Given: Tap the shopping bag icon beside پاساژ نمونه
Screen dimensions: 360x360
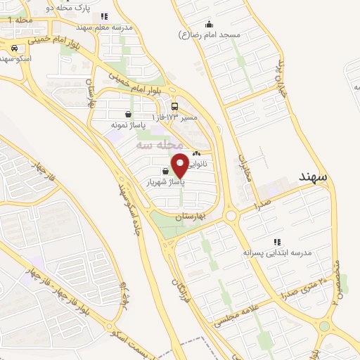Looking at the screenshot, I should tap(127, 115).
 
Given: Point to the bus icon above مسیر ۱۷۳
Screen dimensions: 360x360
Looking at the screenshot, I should tap(174, 107).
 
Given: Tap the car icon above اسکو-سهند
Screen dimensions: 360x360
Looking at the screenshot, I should tap(15, 48).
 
